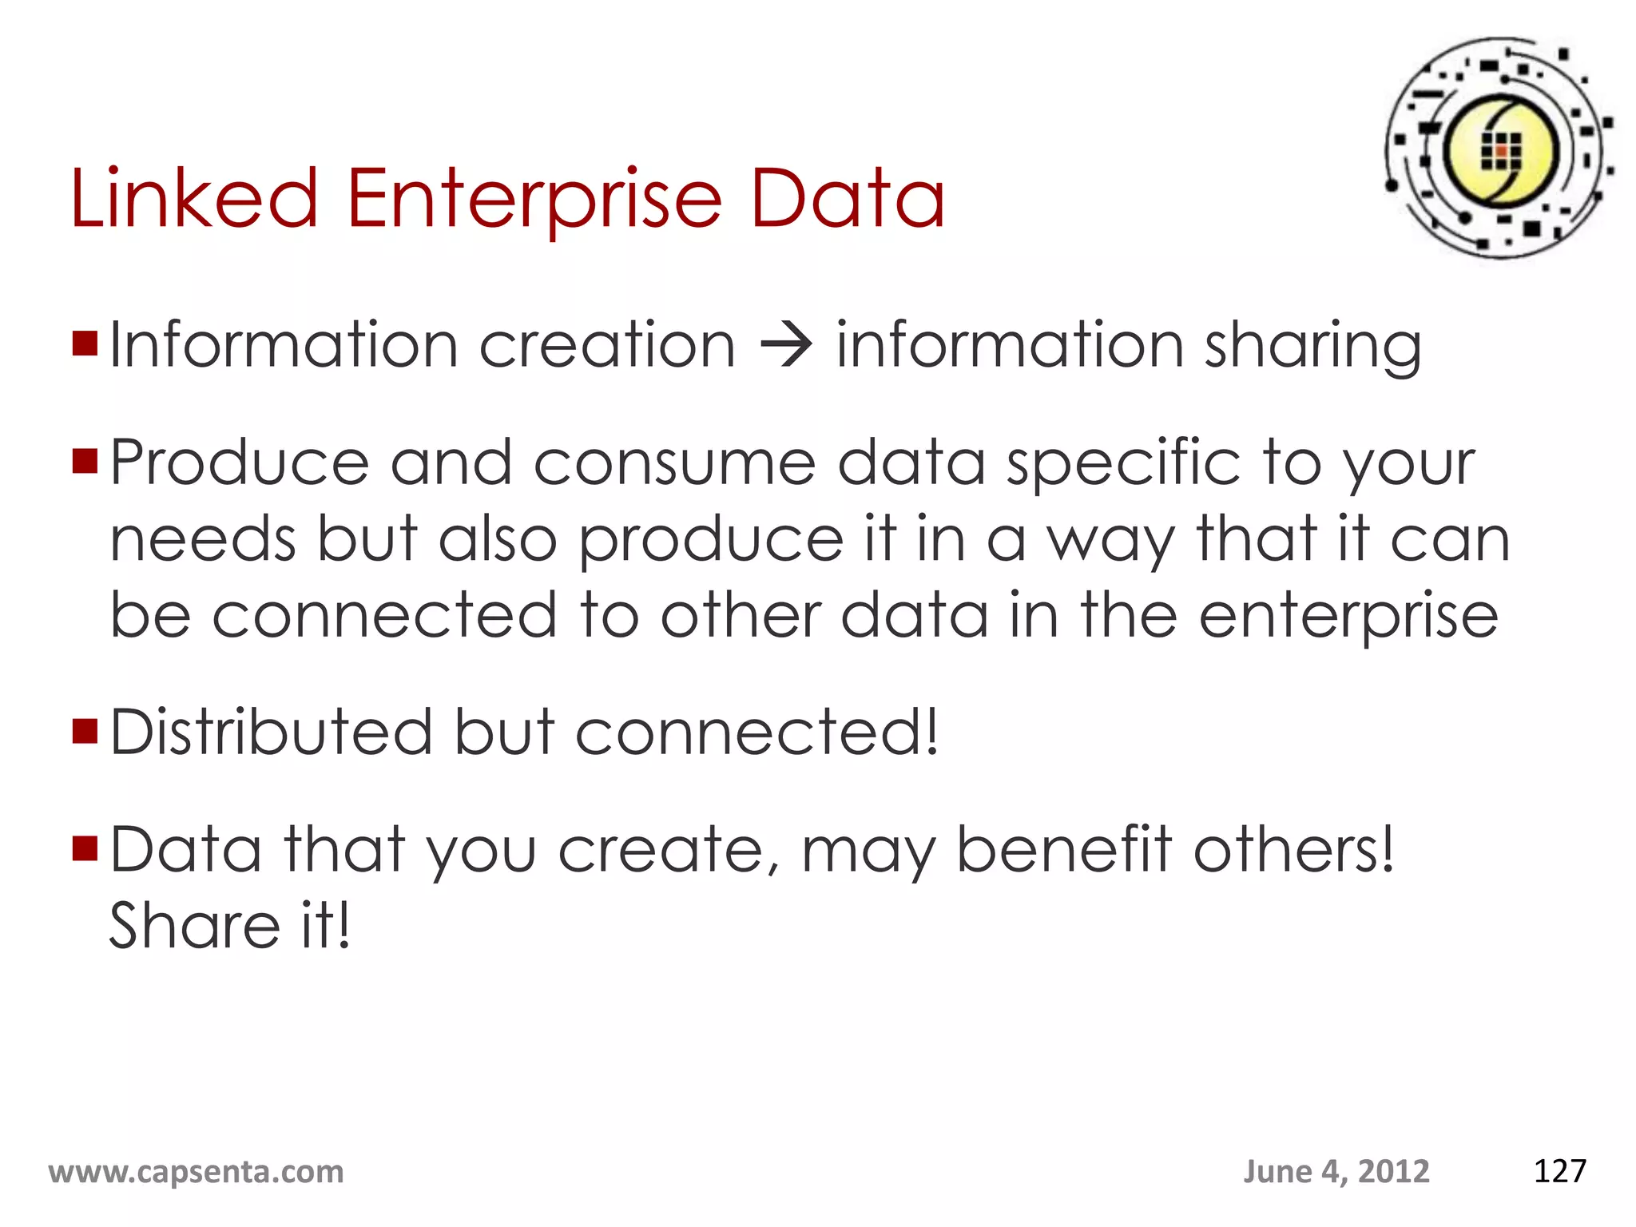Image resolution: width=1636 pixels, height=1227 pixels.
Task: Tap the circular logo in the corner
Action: point(1499,149)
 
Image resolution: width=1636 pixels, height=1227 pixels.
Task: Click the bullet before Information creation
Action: point(85,343)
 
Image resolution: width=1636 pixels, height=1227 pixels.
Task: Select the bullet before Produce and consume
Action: point(85,461)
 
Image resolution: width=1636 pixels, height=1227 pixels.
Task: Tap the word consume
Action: point(674,463)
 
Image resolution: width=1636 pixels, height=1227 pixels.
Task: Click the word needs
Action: point(203,539)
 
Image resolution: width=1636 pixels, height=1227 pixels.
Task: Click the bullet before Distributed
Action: point(85,731)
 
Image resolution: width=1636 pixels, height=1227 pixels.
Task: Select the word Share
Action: point(194,926)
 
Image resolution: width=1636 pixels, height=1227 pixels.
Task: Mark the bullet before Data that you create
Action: point(85,848)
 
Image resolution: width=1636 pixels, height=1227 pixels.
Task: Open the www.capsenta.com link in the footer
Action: point(197,1172)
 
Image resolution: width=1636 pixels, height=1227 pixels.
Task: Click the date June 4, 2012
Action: point(1336,1172)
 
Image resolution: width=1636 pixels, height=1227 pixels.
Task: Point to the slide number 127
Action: point(1559,1171)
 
